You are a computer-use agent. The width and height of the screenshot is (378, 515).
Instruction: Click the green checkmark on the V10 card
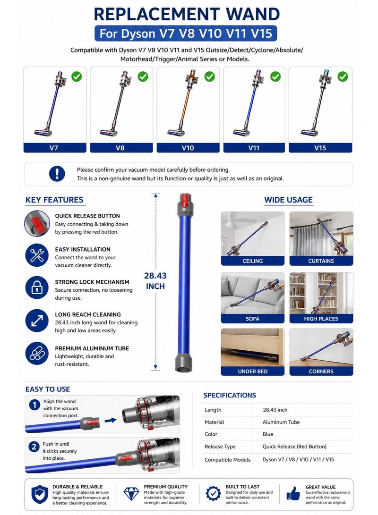click(209, 76)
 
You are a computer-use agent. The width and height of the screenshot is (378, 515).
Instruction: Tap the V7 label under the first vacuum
click(53, 148)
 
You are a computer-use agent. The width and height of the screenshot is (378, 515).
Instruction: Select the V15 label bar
click(320, 148)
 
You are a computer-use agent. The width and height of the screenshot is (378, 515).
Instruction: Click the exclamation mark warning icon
click(57, 173)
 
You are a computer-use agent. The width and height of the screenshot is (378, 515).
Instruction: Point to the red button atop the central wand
click(185, 199)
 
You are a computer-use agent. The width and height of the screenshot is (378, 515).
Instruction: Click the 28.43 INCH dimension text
click(155, 281)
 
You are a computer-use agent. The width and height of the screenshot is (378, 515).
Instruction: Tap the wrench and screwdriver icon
click(37, 255)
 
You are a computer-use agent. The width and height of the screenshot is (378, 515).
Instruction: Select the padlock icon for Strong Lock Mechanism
click(37, 288)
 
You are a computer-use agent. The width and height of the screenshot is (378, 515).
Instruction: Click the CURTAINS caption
click(321, 261)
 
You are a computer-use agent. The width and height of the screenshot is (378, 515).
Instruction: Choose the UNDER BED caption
click(252, 371)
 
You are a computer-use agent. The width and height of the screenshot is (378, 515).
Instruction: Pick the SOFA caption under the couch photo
click(252, 319)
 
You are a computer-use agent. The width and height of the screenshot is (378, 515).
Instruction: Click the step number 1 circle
click(34, 405)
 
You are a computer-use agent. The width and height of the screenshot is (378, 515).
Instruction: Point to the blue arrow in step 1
click(111, 420)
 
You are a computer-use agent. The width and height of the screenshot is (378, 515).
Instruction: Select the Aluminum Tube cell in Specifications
click(281, 422)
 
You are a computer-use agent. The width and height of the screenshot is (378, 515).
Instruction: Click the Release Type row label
click(220, 447)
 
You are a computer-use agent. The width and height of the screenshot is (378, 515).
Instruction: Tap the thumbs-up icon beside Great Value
click(293, 493)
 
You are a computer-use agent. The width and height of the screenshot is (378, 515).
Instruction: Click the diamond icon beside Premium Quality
click(131, 493)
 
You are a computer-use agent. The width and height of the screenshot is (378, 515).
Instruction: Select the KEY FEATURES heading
click(54, 200)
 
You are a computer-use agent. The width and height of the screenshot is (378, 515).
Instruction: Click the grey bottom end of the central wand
click(183, 363)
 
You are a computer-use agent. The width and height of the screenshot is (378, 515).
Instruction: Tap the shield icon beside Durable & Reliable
click(40, 494)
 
